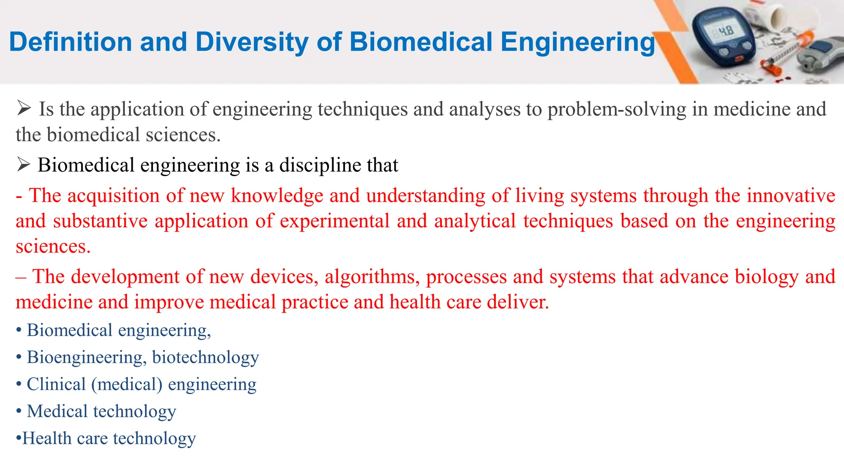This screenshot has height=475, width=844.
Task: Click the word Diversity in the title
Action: (252, 42)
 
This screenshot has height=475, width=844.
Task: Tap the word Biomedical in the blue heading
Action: (421, 42)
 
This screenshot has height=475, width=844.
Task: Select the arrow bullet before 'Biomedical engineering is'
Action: (23, 165)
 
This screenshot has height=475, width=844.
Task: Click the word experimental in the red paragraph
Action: (335, 221)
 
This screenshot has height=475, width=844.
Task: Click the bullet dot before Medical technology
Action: (19, 412)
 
